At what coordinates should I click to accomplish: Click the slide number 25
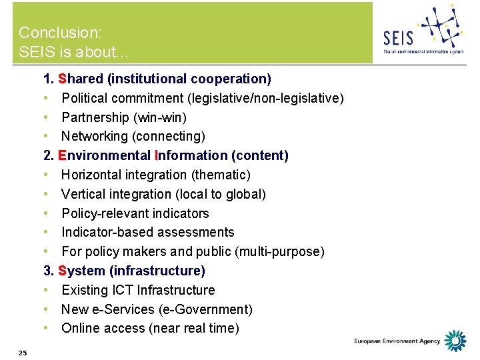(x=23, y=352)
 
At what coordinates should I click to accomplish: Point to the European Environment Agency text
(x=397, y=341)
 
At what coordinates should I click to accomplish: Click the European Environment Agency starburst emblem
(x=455, y=340)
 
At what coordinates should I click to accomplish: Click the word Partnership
(x=96, y=117)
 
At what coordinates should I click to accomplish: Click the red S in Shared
(x=62, y=79)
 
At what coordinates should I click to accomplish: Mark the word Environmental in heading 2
(x=105, y=155)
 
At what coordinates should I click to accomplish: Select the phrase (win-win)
(x=160, y=117)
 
